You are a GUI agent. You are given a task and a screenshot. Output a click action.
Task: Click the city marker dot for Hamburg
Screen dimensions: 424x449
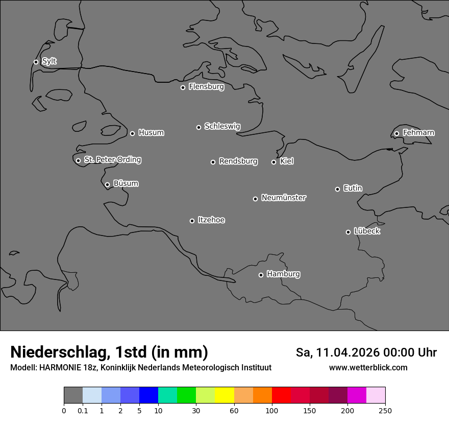(261, 275)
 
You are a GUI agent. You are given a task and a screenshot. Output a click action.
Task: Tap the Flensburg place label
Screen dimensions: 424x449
(206, 87)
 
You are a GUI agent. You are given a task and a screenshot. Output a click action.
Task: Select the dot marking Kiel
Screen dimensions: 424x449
(273, 162)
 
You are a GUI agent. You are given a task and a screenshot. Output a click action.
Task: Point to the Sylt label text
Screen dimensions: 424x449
(49, 61)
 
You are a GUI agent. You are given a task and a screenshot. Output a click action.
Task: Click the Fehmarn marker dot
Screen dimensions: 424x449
(396, 133)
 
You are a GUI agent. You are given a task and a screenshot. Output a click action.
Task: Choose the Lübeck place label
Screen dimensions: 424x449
(367, 231)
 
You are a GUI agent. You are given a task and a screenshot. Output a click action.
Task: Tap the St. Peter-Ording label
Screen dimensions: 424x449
(112, 160)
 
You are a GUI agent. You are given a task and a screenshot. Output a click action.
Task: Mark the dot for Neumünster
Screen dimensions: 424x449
(255, 199)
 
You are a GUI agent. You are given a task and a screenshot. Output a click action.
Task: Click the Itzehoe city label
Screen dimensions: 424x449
(211, 220)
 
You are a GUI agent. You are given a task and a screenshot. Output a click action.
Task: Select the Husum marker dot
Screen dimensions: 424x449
(132, 133)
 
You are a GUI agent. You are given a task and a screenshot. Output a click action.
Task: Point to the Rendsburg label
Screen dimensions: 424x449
(238, 161)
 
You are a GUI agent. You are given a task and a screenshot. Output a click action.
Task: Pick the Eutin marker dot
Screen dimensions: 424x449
(337, 189)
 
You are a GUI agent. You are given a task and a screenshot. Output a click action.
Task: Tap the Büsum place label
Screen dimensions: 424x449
(126, 183)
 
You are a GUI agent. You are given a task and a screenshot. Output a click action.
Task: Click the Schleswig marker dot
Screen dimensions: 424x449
(198, 127)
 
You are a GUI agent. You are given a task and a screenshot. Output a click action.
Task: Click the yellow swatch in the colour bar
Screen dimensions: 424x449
(224, 395)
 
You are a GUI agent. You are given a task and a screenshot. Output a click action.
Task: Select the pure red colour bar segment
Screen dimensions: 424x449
(281, 395)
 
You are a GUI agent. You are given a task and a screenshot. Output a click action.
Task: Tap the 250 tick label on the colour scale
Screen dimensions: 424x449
(385, 410)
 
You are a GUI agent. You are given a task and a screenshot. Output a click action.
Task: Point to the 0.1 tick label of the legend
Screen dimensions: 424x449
(83, 410)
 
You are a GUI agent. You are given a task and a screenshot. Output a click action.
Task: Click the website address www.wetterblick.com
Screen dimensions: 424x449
(368, 368)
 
